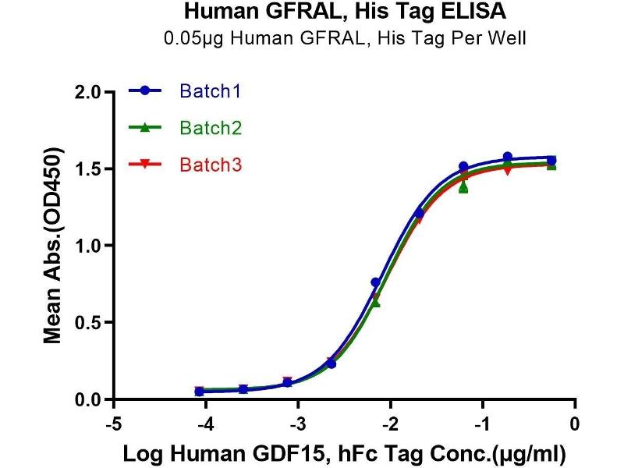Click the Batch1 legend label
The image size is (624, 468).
tap(209, 91)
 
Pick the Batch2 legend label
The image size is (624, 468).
tap(209, 128)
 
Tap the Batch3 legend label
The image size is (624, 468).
tap(209, 165)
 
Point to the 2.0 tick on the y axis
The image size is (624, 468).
tap(90, 92)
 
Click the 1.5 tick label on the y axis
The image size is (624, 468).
tap(90, 169)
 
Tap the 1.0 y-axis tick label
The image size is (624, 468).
tap(90, 246)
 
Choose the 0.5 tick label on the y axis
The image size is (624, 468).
tap(90, 323)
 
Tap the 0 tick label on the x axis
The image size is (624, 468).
tap(576, 424)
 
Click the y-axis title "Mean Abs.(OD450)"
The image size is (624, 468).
tap(53, 246)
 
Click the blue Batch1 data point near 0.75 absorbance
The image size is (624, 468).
tap(375, 282)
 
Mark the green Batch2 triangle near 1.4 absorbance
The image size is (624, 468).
tap(463, 187)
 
